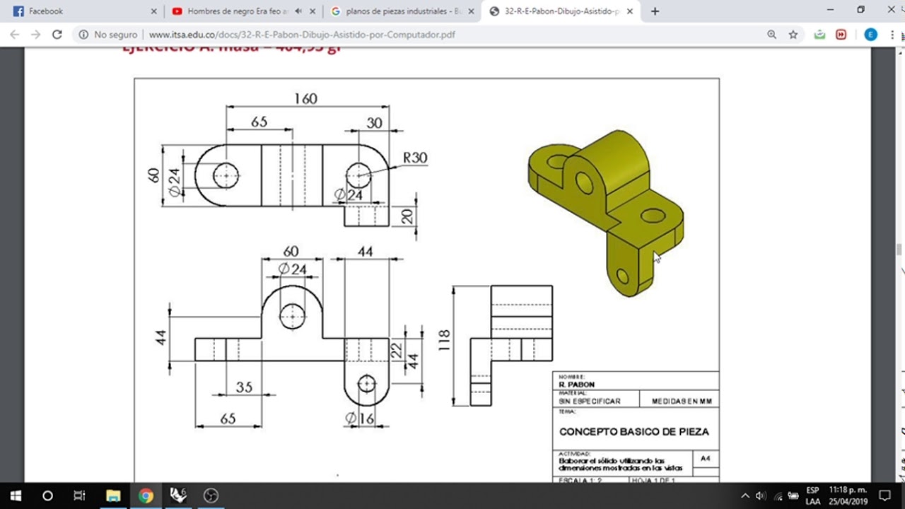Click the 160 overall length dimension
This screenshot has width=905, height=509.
pyautogui.click(x=305, y=99)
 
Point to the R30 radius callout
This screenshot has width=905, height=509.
pyautogui.click(x=415, y=158)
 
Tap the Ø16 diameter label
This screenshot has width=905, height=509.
pyautogui.click(x=359, y=419)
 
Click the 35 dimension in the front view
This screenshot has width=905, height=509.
pyautogui.click(x=244, y=387)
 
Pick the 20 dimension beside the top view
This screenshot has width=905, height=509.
pyautogui.click(x=407, y=216)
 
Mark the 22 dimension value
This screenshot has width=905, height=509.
pyautogui.click(x=396, y=349)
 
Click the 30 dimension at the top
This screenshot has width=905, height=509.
pyautogui.click(x=374, y=123)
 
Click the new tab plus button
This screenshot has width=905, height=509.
pyautogui.click(x=655, y=11)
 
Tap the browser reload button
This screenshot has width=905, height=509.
pyautogui.click(x=57, y=35)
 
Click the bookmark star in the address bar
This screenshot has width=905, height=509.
pyautogui.click(x=793, y=35)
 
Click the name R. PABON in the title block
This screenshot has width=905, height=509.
pyautogui.click(x=576, y=385)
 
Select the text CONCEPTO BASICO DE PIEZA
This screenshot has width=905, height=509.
pyautogui.click(x=633, y=431)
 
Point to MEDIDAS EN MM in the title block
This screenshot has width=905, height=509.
pyautogui.click(x=682, y=401)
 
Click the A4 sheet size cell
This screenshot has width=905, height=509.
pyautogui.click(x=705, y=458)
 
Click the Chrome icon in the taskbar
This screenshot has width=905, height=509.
pyautogui.click(x=146, y=496)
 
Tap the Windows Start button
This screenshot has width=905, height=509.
pyautogui.click(x=16, y=496)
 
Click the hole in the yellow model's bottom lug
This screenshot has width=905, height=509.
pyautogui.click(x=622, y=276)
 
